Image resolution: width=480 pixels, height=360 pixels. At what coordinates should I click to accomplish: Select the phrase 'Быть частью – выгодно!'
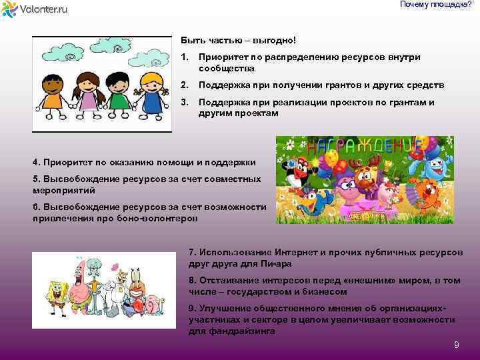pyautogui.click(x=237, y=41)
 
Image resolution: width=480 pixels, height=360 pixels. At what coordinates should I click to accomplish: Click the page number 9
pyautogui.click(x=456, y=345)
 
